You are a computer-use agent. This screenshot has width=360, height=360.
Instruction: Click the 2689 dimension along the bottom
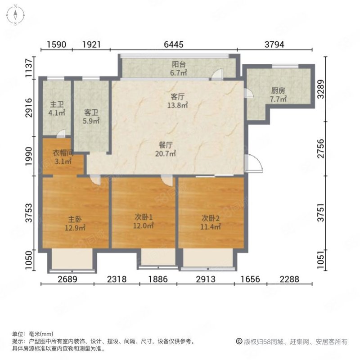[x=67, y=279]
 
